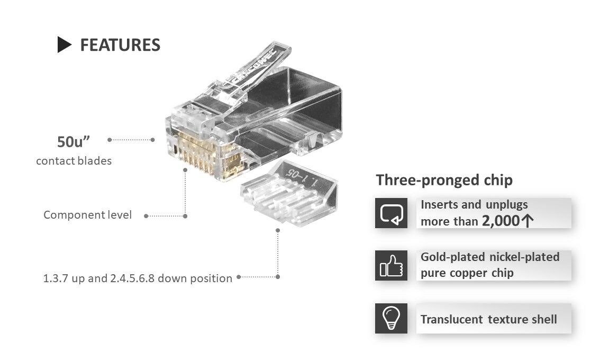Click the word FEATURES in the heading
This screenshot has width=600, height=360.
tap(120, 45)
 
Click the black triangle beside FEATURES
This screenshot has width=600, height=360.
tap(64, 45)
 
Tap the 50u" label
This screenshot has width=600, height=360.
tap(74, 142)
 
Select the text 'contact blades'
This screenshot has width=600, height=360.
tap(74, 161)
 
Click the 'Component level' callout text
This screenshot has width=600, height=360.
tap(87, 215)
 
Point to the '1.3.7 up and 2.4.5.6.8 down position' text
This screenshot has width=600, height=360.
tap(138, 278)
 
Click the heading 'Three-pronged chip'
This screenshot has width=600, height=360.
tap(444, 180)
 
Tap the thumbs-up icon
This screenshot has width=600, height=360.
tap(391, 266)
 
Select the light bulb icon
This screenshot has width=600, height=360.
tap(391, 318)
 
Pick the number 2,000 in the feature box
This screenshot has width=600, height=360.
tap(501, 221)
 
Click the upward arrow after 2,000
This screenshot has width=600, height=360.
tap(526, 221)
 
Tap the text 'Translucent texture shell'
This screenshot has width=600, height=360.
tap(488, 319)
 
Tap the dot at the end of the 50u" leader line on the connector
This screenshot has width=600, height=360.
tap(152, 140)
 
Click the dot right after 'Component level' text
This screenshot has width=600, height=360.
tap(146, 216)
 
